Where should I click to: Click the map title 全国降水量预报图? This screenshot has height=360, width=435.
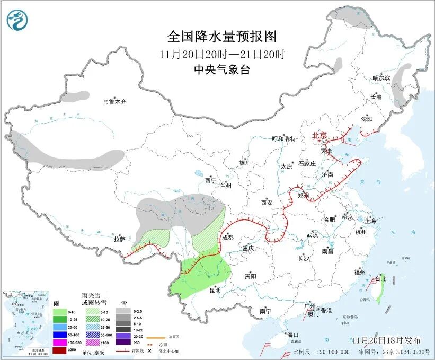(222, 37)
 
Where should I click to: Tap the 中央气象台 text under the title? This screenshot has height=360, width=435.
(222, 69)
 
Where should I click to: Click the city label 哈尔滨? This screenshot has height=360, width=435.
(380, 78)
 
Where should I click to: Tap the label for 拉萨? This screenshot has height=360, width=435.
(119, 239)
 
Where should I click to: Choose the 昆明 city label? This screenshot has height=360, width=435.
(215, 290)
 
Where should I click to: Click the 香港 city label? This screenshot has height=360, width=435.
(325, 310)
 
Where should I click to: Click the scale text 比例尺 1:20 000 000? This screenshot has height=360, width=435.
(321, 352)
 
